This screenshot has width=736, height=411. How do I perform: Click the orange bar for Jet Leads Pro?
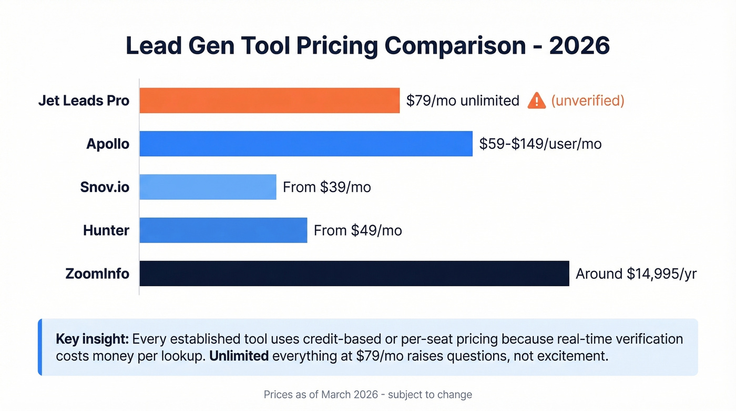tap(269, 101)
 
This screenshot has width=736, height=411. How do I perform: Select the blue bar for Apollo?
tap(306, 144)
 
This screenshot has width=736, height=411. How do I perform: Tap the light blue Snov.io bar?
tap(208, 187)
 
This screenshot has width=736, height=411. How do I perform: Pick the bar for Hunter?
tap(223, 230)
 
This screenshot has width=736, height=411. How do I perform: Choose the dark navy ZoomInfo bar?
tap(354, 274)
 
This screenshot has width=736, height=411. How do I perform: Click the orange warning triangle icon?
tap(536, 101)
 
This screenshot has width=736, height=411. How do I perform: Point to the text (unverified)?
tap(587, 101)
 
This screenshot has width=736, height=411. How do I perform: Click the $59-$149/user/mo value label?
tap(540, 144)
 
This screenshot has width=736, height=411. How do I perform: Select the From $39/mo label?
tap(326, 187)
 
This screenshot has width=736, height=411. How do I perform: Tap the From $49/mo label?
tap(357, 230)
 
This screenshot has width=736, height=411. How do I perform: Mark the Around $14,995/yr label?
tap(636, 274)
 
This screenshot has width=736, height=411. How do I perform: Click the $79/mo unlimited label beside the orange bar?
tap(463, 101)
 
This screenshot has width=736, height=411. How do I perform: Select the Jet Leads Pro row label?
tap(84, 101)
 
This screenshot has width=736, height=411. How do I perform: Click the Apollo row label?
tap(108, 144)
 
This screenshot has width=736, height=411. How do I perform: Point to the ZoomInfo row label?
tap(97, 274)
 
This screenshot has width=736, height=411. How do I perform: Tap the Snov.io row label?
tap(105, 187)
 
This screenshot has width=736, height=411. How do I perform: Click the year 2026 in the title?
tap(579, 46)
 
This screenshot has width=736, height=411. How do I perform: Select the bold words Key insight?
tap(92, 338)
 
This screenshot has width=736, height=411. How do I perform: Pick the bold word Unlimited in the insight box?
tap(239, 356)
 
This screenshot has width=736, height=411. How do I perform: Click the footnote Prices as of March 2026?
tap(321, 395)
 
